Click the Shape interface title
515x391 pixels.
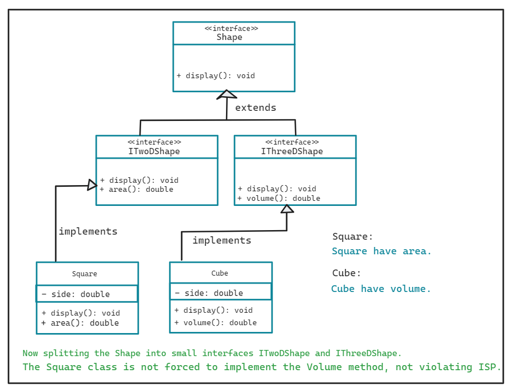point(229,37)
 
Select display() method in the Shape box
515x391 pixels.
point(216,75)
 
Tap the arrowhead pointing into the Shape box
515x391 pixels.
point(226,94)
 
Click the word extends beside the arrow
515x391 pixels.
point(255,107)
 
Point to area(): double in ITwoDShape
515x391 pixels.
point(137,190)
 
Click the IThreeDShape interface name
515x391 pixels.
point(292,151)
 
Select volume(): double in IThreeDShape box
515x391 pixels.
point(279,198)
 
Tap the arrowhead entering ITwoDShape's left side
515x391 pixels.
point(92,185)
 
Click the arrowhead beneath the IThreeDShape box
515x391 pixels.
point(287,209)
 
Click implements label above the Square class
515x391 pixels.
point(88,231)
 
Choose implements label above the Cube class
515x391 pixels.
point(222,240)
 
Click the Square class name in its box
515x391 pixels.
point(84,274)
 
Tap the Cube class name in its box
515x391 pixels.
point(220,273)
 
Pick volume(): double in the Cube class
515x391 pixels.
point(215,322)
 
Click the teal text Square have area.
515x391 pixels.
point(382,251)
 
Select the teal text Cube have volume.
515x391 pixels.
point(381,289)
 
